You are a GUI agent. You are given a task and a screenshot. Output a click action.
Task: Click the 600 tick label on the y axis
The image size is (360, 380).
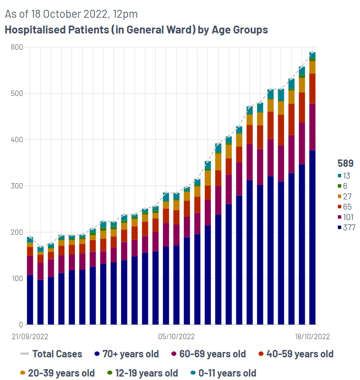click(x=17, y=47)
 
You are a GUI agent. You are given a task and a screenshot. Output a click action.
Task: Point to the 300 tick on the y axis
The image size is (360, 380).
click(x=17, y=186)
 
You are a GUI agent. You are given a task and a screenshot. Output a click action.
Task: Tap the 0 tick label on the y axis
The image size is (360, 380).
click(x=21, y=325)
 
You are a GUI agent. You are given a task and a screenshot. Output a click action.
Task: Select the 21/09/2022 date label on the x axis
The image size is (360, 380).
click(x=30, y=337)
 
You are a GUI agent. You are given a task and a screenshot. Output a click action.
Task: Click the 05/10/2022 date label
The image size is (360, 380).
click(x=176, y=337)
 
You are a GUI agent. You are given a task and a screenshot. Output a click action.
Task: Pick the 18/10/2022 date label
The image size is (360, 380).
click(x=312, y=337)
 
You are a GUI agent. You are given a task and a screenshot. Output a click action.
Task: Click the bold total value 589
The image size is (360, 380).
click(x=345, y=163)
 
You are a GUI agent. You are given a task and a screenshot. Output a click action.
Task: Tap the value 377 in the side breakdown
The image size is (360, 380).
click(x=349, y=227)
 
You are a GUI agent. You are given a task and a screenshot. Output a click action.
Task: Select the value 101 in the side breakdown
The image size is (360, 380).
click(x=348, y=217)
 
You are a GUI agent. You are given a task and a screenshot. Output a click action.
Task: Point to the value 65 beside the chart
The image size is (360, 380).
click(x=347, y=207)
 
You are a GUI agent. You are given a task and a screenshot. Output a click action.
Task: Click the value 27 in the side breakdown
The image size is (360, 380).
click(x=347, y=196)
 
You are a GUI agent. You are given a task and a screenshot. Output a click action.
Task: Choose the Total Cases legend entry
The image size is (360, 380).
click(x=51, y=354)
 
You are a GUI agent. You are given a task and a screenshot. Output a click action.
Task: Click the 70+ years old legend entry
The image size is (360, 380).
click(x=127, y=354)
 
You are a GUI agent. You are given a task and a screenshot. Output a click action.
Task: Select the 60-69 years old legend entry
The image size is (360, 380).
click(x=208, y=354)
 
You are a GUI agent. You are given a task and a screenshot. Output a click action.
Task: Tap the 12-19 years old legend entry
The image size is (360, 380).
click(x=142, y=373)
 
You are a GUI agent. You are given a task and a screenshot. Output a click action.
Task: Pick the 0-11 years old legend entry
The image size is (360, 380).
click(x=223, y=373)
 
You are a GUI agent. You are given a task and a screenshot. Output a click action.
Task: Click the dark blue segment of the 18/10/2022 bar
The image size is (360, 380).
click(x=312, y=237)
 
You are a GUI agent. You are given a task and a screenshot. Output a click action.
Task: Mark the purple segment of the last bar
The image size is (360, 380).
click(x=312, y=127)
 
